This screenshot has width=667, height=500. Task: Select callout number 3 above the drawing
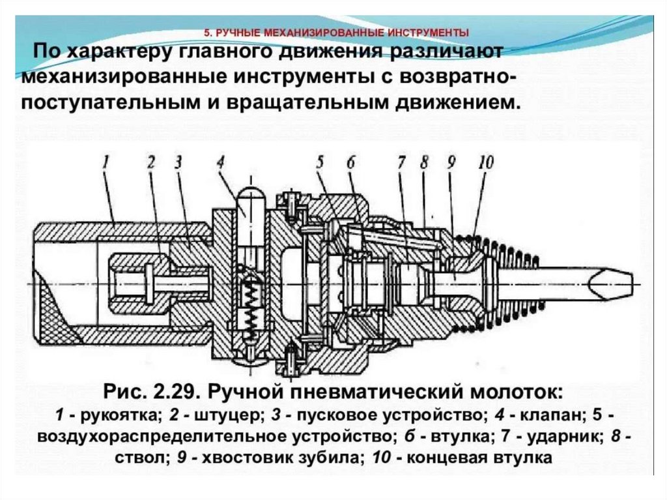click(178, 161)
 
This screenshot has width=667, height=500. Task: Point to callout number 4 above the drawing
click(221, 161)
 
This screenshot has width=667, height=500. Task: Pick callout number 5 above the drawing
click(320, 161)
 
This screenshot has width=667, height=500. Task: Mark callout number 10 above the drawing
click(485, 161)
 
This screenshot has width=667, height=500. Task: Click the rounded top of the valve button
click(250, 194)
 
